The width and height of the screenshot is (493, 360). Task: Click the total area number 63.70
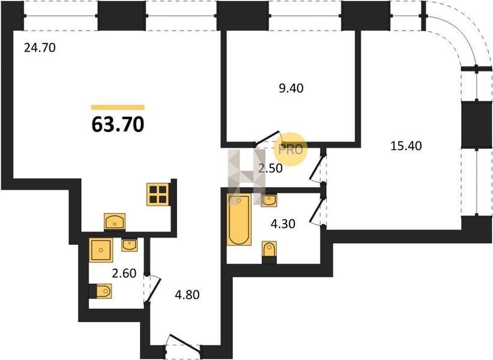(x=118, y=124)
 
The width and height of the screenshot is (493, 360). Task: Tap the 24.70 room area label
(x=40, y=48)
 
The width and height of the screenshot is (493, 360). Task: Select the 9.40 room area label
(x=291, y=88)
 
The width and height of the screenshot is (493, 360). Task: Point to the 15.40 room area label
(x=406, y=146)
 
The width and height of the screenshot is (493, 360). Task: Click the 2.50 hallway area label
(x=270, y=169)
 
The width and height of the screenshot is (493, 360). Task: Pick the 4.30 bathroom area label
(x=283, y=224)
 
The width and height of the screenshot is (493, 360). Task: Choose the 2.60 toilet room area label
(x=124, y=273)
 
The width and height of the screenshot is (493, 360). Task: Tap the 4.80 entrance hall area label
(x=187, y=295)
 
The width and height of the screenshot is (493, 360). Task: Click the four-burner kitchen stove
(x=158, y=194)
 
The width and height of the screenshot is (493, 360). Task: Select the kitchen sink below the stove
(x=115, y=221)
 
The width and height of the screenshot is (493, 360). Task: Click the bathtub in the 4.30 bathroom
(x=239, y=220)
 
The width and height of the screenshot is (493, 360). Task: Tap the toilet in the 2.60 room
(x=101, y=291)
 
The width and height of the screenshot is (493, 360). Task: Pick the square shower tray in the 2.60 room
(x=101, y=250)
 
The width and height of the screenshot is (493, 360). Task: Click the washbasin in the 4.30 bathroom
(x=269, y=201)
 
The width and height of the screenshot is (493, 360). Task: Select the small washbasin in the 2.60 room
(x=129, y=245)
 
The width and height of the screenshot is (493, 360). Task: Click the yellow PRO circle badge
(x=289, y=149)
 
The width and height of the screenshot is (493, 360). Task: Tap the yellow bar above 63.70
(x=118, y=107)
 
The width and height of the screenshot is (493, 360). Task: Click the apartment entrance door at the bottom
(x=183, y=344)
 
